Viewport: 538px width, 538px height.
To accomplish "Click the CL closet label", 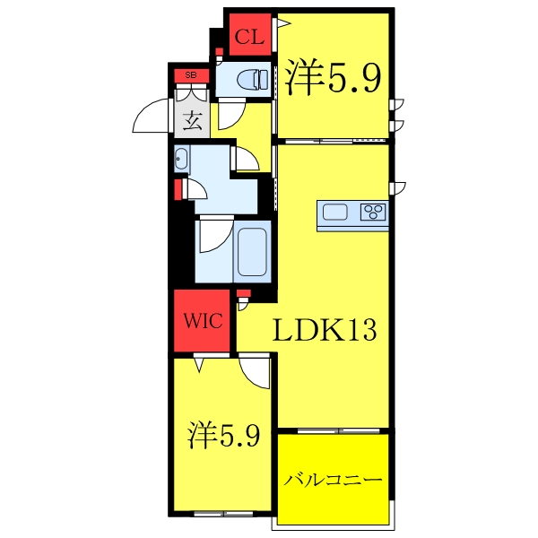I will pyautogui.click(x=250, y=37).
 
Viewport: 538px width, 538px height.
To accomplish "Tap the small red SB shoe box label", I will pyautogui.click(x=190, y=75).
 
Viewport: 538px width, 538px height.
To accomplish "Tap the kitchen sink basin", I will pyautogui.click(x=335, y=213).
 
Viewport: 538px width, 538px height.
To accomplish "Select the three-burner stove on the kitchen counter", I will pyautogui.click(x=372, y=213).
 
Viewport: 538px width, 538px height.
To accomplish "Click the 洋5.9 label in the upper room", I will pyautogui.click(x=334, y=80).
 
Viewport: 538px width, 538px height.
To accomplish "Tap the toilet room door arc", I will pyautogui.click(x=230, y=115).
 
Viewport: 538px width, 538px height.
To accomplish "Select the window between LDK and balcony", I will pyautogui.click(x=334, y=430).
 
